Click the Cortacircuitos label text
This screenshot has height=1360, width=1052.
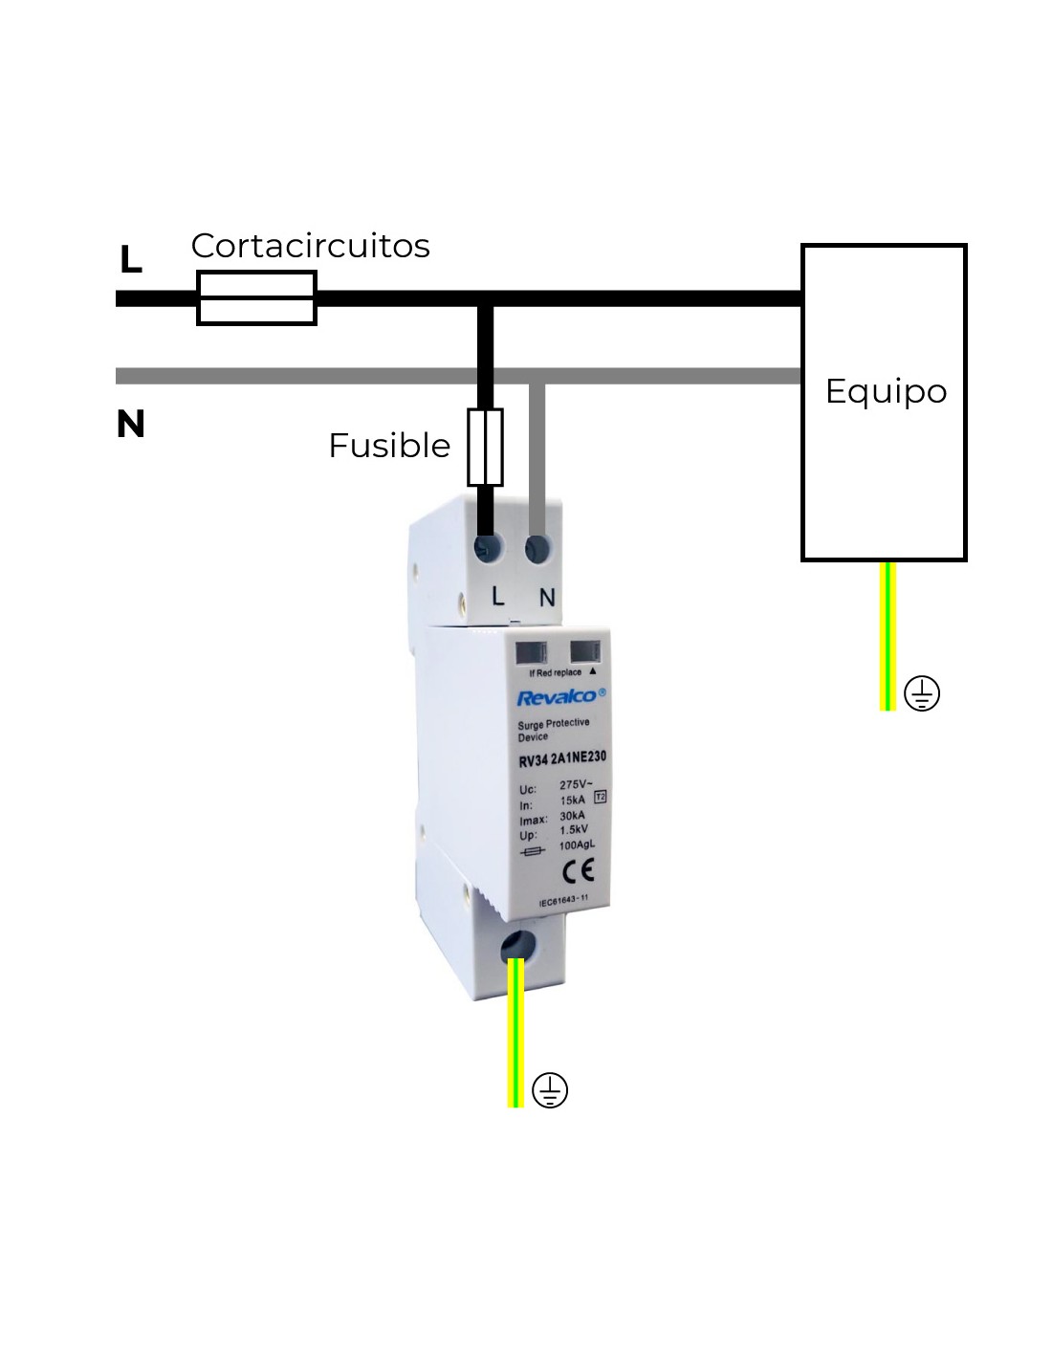coord(310,246)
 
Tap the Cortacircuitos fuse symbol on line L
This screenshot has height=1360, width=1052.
coord(256,298)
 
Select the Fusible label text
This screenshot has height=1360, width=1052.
coord(388,446)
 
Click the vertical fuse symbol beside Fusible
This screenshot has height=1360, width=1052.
coord(485,448)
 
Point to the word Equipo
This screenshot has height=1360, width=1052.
coord(886,391)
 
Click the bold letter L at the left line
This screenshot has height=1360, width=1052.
coord(131,259)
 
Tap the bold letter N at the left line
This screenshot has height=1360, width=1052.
coord(131,424)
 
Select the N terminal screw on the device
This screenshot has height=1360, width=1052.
coord(537,549)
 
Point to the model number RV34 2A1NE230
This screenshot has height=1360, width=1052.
coord(562,759)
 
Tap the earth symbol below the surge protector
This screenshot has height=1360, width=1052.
coord(550,1090)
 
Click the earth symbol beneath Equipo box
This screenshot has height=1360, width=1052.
coord(922,693)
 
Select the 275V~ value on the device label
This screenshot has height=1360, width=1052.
coord(576,785)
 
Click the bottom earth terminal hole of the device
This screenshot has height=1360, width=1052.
coord(517,946)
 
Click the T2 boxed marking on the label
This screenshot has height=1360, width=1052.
coord(601,796)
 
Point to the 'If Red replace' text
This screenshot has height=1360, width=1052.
coord(556,673)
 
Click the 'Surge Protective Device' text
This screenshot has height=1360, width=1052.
coord(554,730)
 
